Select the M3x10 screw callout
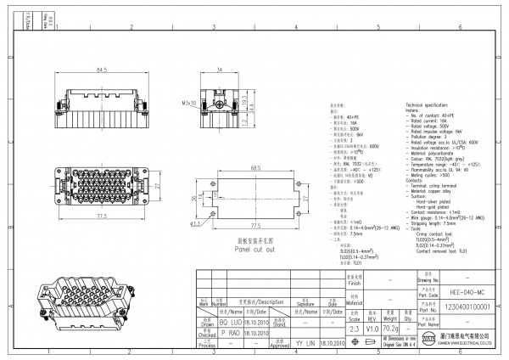click(x=188, y=104)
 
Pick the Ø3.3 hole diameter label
click(x=195, y=225)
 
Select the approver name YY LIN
click(x=303, y=343)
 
